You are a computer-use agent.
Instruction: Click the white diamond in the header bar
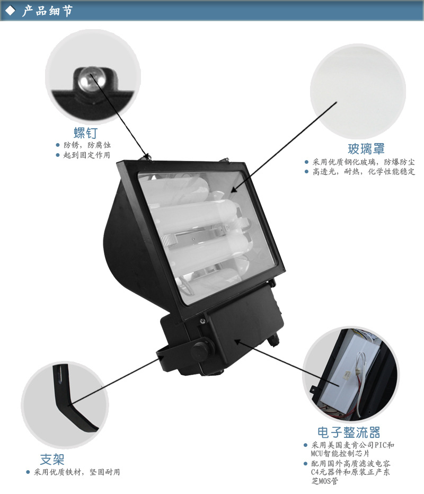11,11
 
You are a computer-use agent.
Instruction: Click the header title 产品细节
47,11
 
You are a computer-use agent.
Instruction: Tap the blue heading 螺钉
86,133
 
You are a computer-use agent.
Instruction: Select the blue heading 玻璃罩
366,149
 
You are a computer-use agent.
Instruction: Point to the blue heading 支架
52,460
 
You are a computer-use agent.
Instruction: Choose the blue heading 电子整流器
349,433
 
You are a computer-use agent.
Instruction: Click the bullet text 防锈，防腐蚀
87,145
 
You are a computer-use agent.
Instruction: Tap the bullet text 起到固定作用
86,155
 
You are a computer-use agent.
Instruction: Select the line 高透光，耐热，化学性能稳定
364,172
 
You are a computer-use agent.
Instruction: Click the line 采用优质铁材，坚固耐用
77,472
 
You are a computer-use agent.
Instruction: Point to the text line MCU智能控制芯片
340,453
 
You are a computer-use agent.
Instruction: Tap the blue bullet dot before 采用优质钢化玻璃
306,162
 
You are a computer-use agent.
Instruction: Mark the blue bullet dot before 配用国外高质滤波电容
305,463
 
